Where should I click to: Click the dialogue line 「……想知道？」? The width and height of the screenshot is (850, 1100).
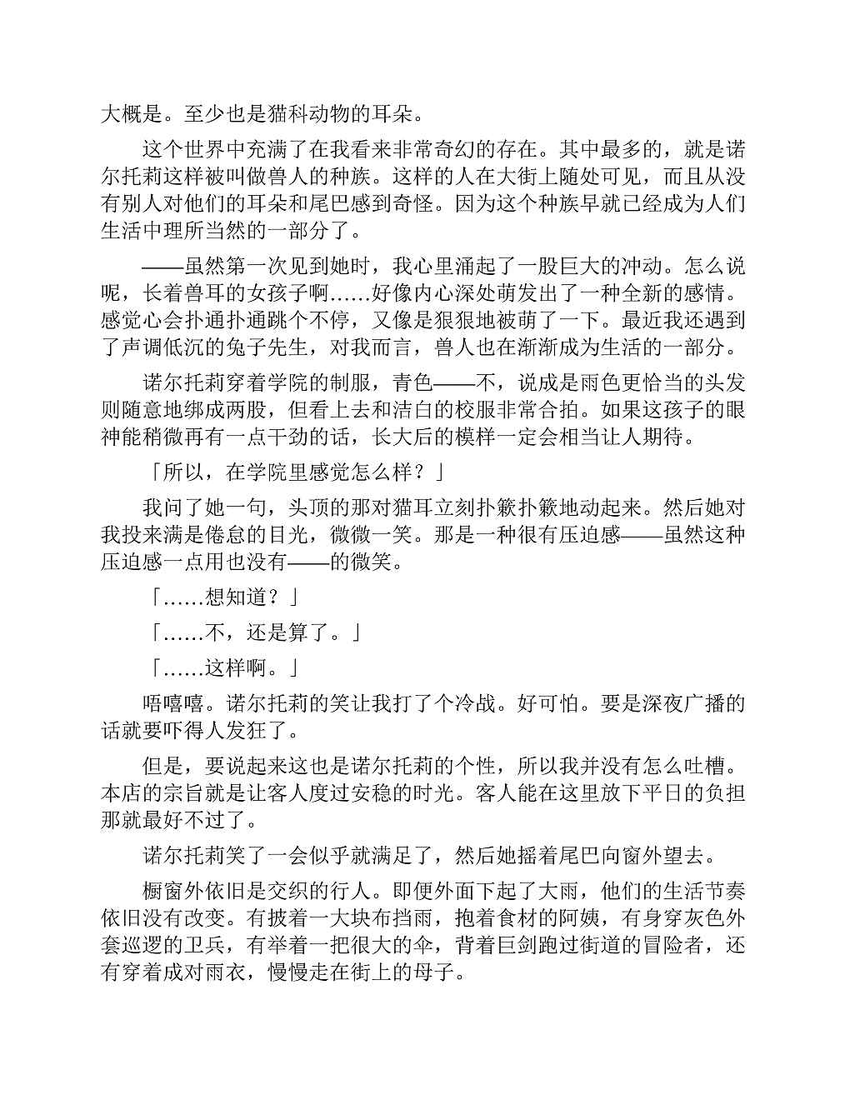click(x=222, y=597)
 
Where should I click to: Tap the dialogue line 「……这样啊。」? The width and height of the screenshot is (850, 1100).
click(x=222, y=667)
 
